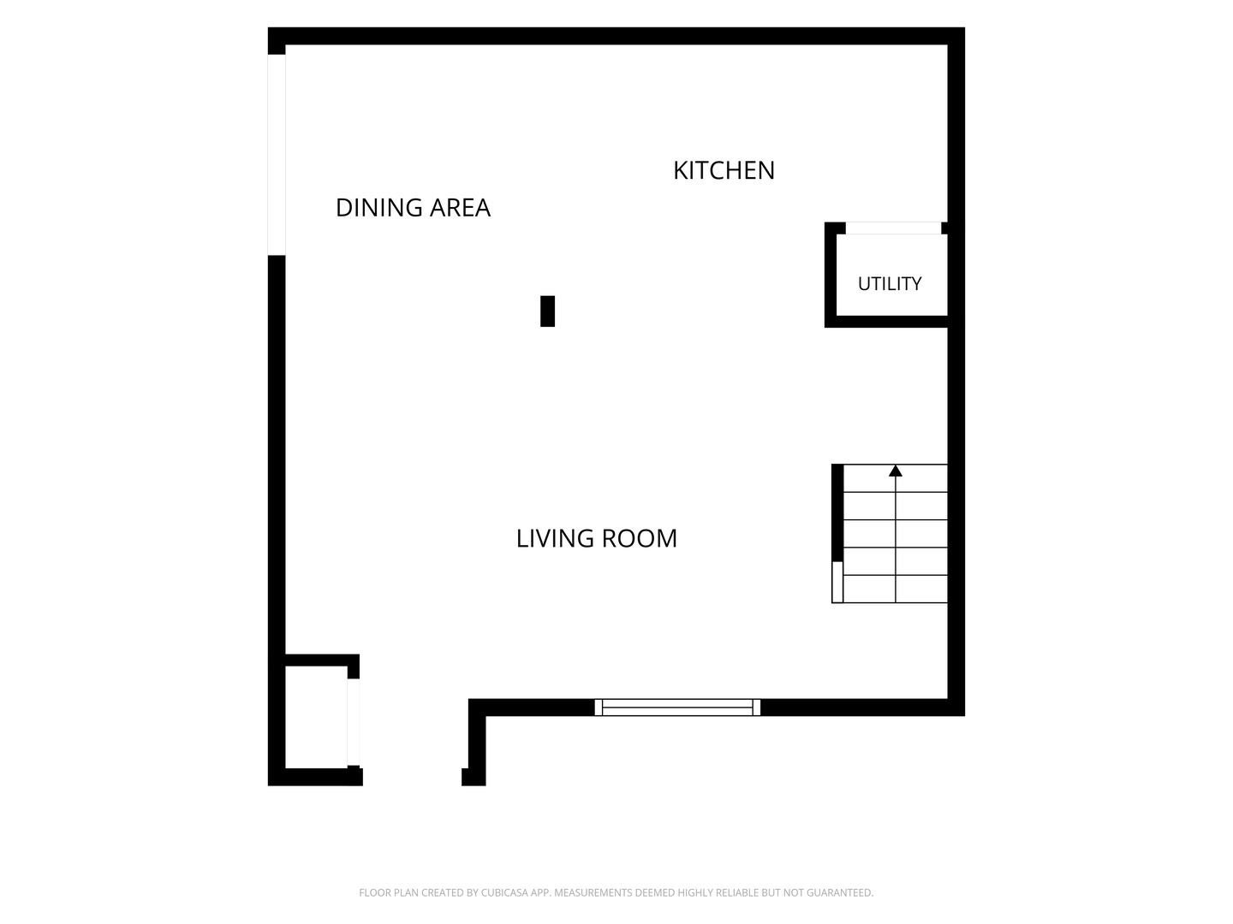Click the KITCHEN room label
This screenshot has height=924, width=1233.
tap(724, 170)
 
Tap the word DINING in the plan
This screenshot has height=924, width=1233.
tap(378, 208)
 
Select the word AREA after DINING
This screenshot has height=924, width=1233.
tap(460, 208)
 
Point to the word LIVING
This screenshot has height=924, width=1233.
tap(555, 539)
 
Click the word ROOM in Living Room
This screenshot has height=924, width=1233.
tap(640, 539)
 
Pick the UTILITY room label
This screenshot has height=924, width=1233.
tap(890, 284)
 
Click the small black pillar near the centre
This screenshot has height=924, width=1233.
tap(547, 311)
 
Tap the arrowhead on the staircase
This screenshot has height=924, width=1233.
tap(896, 471)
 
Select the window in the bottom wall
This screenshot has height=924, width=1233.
tap(677, 708)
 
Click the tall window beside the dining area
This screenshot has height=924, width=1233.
tap(277, 155)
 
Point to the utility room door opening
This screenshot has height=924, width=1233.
tap(893, 228)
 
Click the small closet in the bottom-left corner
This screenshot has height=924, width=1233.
tap(316, 717)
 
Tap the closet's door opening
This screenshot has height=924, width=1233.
tap(354, 722)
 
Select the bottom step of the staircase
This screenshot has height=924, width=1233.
tap(896, 589)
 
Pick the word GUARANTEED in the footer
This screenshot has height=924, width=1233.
tap(840, 893)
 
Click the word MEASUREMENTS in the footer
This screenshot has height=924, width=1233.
tap(593, 893)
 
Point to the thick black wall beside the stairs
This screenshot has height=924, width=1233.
tap(837, 512)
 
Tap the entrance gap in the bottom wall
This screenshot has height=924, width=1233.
tap(413, 777)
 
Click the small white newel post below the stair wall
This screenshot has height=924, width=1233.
tap(837, 583)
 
